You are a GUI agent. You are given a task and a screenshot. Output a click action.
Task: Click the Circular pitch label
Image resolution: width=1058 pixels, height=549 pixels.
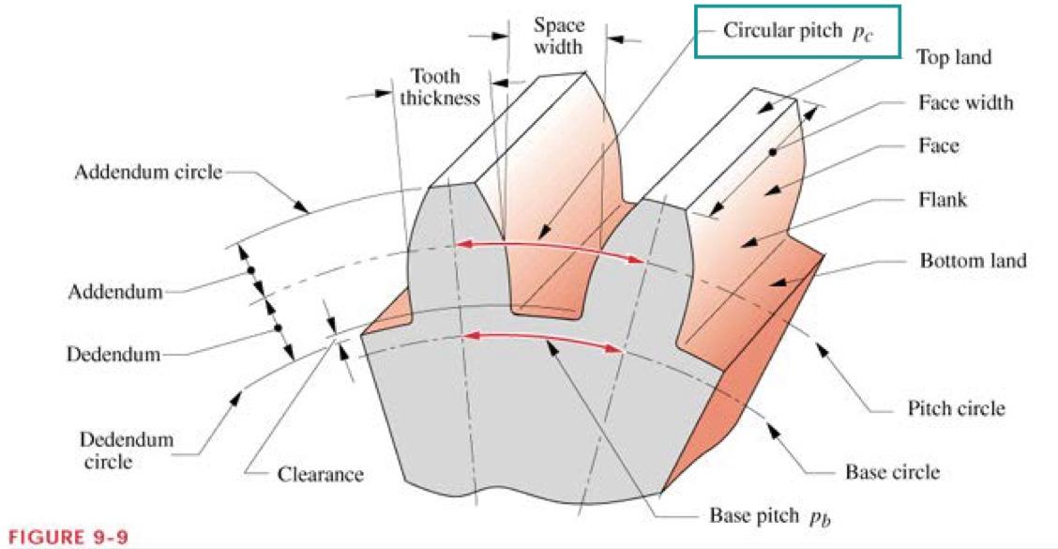click(796, 31)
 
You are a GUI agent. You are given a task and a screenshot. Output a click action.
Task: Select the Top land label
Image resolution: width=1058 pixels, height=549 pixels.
click(953, 57)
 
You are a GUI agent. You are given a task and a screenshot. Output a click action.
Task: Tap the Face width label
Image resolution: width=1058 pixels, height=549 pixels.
click(966, 102)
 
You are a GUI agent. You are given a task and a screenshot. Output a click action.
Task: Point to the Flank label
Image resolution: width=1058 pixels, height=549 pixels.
click(943, 199)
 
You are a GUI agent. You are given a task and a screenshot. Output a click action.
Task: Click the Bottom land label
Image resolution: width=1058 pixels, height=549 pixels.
click(973, 260)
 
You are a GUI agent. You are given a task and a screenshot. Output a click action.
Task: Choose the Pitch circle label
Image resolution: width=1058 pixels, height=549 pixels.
click(956, 408)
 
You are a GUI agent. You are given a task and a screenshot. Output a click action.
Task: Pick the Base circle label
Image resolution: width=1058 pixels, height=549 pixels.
click(892, 472)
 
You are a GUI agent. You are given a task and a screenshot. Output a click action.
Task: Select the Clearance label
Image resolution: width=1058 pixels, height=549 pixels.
click(319, 474)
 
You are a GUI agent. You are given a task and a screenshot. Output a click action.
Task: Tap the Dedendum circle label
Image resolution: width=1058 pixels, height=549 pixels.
click(113, 450)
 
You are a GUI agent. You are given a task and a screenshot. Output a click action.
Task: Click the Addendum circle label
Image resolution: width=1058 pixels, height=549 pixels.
click(148, 174)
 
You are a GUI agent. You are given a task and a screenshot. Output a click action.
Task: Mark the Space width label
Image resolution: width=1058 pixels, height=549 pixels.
click(558, 36)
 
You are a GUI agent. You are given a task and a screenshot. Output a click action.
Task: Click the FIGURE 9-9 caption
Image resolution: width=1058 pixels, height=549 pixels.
click(65, 539)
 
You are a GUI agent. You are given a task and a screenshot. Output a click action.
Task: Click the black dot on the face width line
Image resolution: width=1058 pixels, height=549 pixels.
click(772, 150)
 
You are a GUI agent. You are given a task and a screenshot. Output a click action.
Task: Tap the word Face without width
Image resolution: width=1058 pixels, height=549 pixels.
click(939, 146)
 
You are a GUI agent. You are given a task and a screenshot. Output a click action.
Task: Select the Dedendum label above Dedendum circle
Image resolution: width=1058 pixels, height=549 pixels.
click(113, 355)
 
